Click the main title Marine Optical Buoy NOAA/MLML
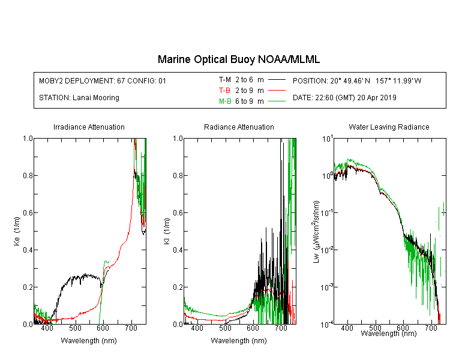(x=238, y=59)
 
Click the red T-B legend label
(x=224, y=91)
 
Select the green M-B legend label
(x=225, y=101)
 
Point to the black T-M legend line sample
(x=277, y=80)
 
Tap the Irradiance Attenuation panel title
(x=89, y=127)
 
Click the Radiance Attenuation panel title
(x=239, y=127)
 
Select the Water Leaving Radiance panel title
(x=389, y=127)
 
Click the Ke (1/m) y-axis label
(x=17, y=231)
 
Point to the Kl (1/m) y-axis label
(x=167, y=231)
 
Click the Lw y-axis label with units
(x=316, y=232)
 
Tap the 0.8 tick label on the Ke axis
(x=28, y=175)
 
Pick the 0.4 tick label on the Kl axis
(x=178, y=250)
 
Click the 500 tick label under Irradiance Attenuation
(x=75, y=328)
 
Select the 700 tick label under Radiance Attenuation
(x=281, y=328)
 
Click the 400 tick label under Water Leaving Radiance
(x=347, y=328)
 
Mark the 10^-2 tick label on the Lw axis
(x=327, y=249)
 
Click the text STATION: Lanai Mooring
(x=79, y=98)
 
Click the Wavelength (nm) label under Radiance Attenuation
(x=239, y=341)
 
